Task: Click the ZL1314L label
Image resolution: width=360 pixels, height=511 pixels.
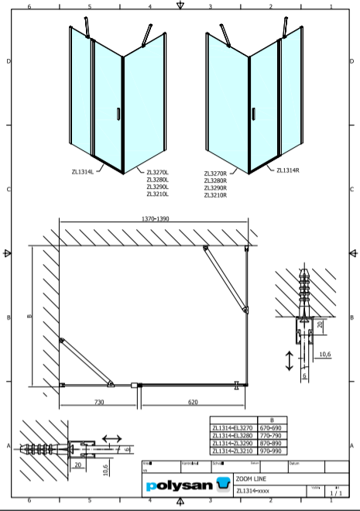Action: click(x=82, y=172)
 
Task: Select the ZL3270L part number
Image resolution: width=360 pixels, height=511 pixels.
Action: click(x=157, y=173)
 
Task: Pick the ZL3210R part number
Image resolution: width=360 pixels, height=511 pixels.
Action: click(x=215, y=195)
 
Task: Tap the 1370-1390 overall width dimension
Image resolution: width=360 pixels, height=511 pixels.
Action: click(x=156, y=220)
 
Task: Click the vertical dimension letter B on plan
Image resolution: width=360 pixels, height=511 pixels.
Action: click(x=27, y=316)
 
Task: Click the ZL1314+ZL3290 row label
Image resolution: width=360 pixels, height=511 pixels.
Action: click(x=232, y=441)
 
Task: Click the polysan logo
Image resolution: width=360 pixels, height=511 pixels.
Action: click(x=187, y=486)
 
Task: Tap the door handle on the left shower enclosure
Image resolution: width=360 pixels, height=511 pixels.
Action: click(x=118, y=114)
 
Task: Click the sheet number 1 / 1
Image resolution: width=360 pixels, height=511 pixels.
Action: click(x=335, y=492)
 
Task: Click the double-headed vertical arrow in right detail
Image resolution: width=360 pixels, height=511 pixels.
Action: click(x=289, y=361)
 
